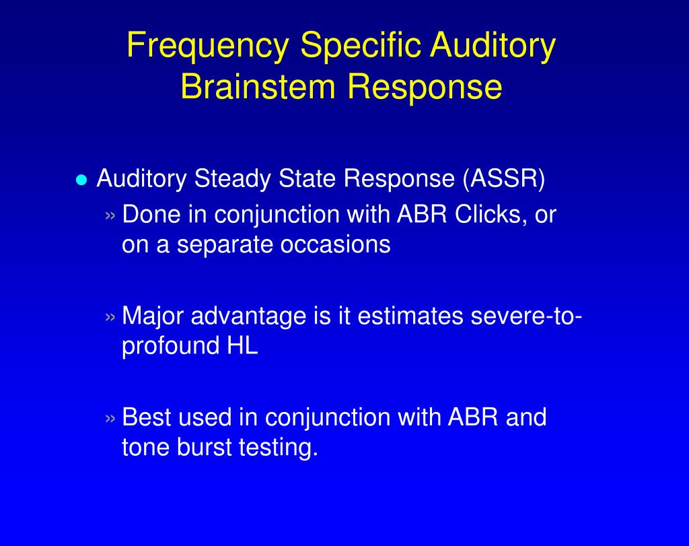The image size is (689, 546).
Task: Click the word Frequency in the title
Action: [x=208, y=47]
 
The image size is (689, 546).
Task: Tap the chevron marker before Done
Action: [x=112, y=216]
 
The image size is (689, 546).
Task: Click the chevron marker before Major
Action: [x=112, y=316]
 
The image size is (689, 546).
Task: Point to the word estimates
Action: [x=410, y=316]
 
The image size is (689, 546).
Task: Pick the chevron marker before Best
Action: [x=112, y=418]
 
